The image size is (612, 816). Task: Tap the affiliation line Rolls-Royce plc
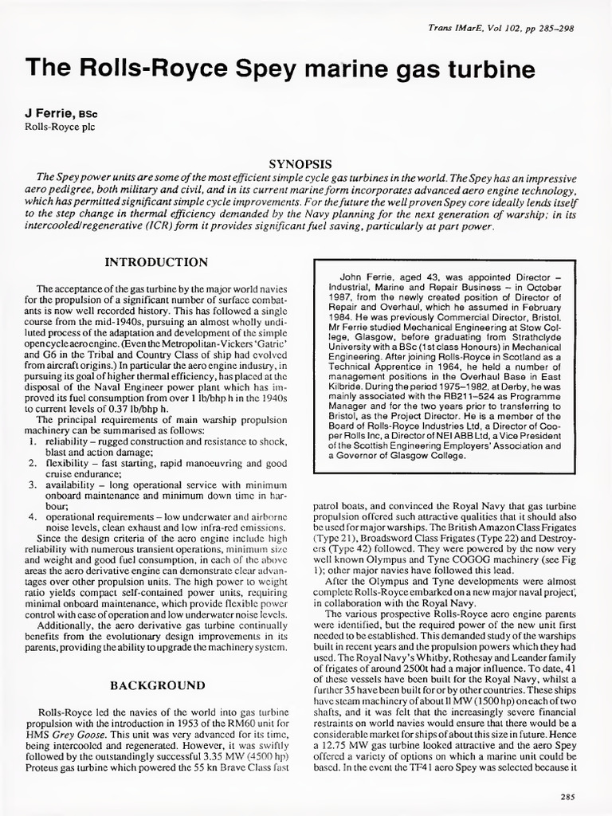tap(60, 126)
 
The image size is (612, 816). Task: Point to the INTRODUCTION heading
tap(157, 262)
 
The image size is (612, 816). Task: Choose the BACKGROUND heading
tap(157, 685)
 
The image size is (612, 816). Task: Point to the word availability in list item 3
tap(71, 484)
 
